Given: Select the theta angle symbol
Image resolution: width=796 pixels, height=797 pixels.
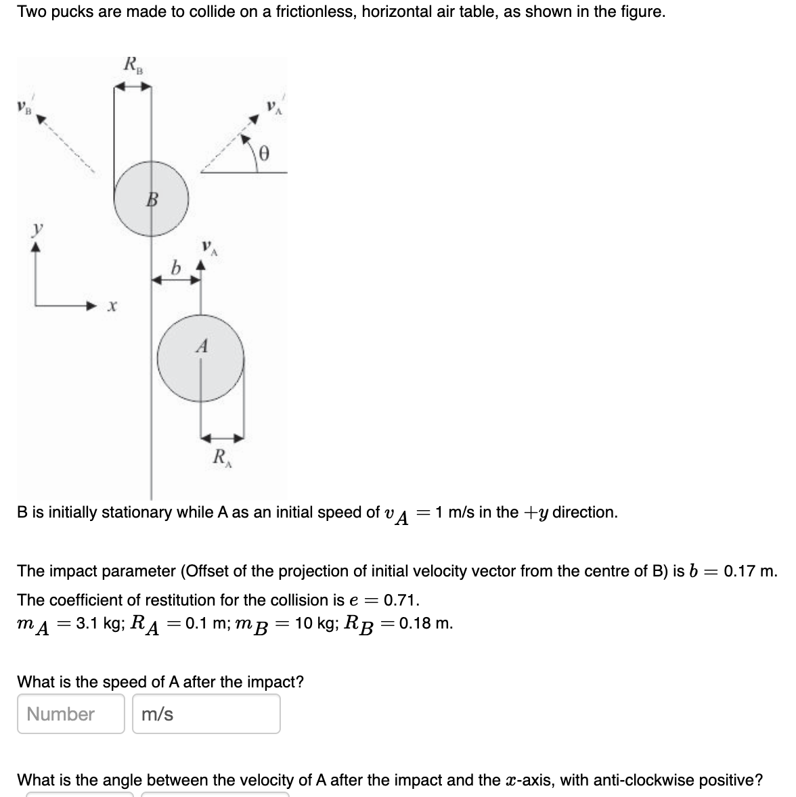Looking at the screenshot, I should pos(265,154).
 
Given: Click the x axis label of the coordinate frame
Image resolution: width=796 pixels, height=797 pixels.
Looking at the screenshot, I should pos(112,306).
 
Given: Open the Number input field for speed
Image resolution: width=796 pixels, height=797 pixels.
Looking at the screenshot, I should pos(70,714).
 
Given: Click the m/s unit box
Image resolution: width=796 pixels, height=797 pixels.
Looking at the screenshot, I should pos(206,714).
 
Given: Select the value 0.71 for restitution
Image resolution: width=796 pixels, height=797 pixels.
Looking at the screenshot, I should pos(401,600).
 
